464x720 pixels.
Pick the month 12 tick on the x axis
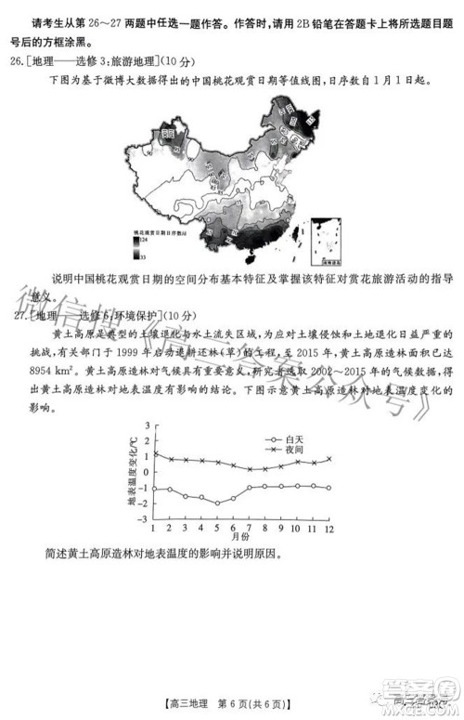click(x=329, y=528)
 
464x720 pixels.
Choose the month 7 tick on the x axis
click(x=249, y=528)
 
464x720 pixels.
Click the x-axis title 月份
click(x=240, y=538)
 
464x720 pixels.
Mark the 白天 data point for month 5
click(x=217, y=503)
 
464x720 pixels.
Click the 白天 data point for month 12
click(x=329, y=488)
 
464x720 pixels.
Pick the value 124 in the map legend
click(x=142, y=239)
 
